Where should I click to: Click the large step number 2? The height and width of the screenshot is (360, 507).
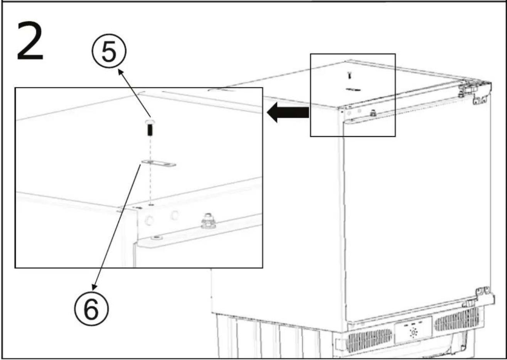pos(30,41)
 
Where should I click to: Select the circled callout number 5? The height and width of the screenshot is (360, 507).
pos(109,50)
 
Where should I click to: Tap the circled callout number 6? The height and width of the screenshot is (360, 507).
pos(92,309)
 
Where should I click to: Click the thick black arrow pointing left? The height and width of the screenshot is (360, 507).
pos(288,112)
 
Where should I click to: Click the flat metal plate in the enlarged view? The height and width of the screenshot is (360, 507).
pos(158,163)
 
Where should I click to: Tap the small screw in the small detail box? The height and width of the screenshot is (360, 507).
pos(350,75)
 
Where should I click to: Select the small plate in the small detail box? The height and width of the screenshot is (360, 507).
pos(353,89)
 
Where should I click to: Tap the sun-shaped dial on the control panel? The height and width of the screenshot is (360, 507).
pos(414,333)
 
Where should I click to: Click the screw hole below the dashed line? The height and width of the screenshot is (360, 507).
pos(151,205)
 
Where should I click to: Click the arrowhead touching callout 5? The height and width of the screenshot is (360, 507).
pos(121,72)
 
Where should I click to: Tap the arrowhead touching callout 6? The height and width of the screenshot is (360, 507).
pos(94,286)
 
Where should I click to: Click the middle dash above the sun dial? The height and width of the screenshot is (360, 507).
pos(413,324)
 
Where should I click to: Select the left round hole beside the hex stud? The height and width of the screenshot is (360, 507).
pos(149,220)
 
